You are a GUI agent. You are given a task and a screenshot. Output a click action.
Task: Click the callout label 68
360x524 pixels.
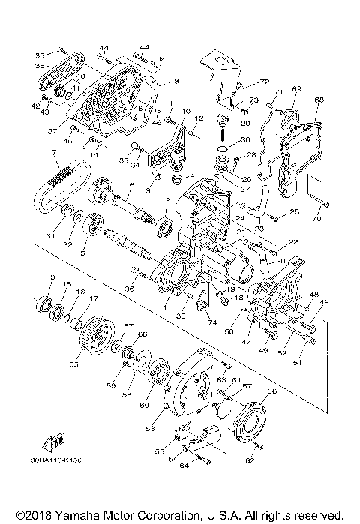point(319,100)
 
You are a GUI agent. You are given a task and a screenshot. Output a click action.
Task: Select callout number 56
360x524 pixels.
point(271,391)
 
